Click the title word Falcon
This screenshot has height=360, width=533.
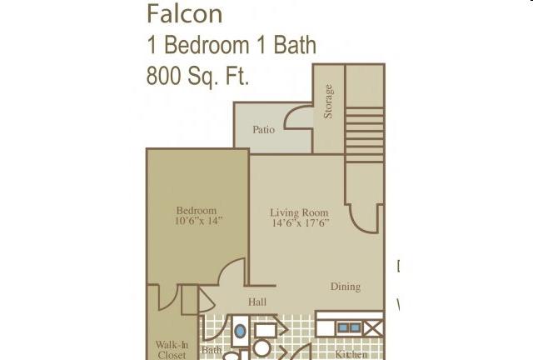[x=185, y=14]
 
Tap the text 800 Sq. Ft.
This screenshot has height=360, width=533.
[x=197, y=76]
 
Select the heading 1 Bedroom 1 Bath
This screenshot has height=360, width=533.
[x=232, y=45]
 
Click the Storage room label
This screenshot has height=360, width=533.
[x=328, y=102]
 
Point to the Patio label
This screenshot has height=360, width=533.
[x=264, y=130]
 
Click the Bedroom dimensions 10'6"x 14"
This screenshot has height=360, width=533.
[x=199, y=221]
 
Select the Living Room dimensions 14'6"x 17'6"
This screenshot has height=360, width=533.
[x=301, y=222]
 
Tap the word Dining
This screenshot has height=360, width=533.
[x=346, y=287]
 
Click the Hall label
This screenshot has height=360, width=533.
[x=257, y=302]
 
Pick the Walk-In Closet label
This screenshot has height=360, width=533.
[x=172, y=350]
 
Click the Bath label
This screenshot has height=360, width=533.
[x=212, y=350]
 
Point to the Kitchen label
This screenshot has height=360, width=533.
[x=351, y=354]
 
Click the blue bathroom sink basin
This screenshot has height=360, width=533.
[x=240, y=331]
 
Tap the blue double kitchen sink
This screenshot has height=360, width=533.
[x=349, y=327]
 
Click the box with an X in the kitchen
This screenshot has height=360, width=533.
[x=374, y=328]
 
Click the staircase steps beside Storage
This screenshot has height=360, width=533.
[x=365, y=135]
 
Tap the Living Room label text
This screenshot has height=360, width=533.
[x=300, y=213]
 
